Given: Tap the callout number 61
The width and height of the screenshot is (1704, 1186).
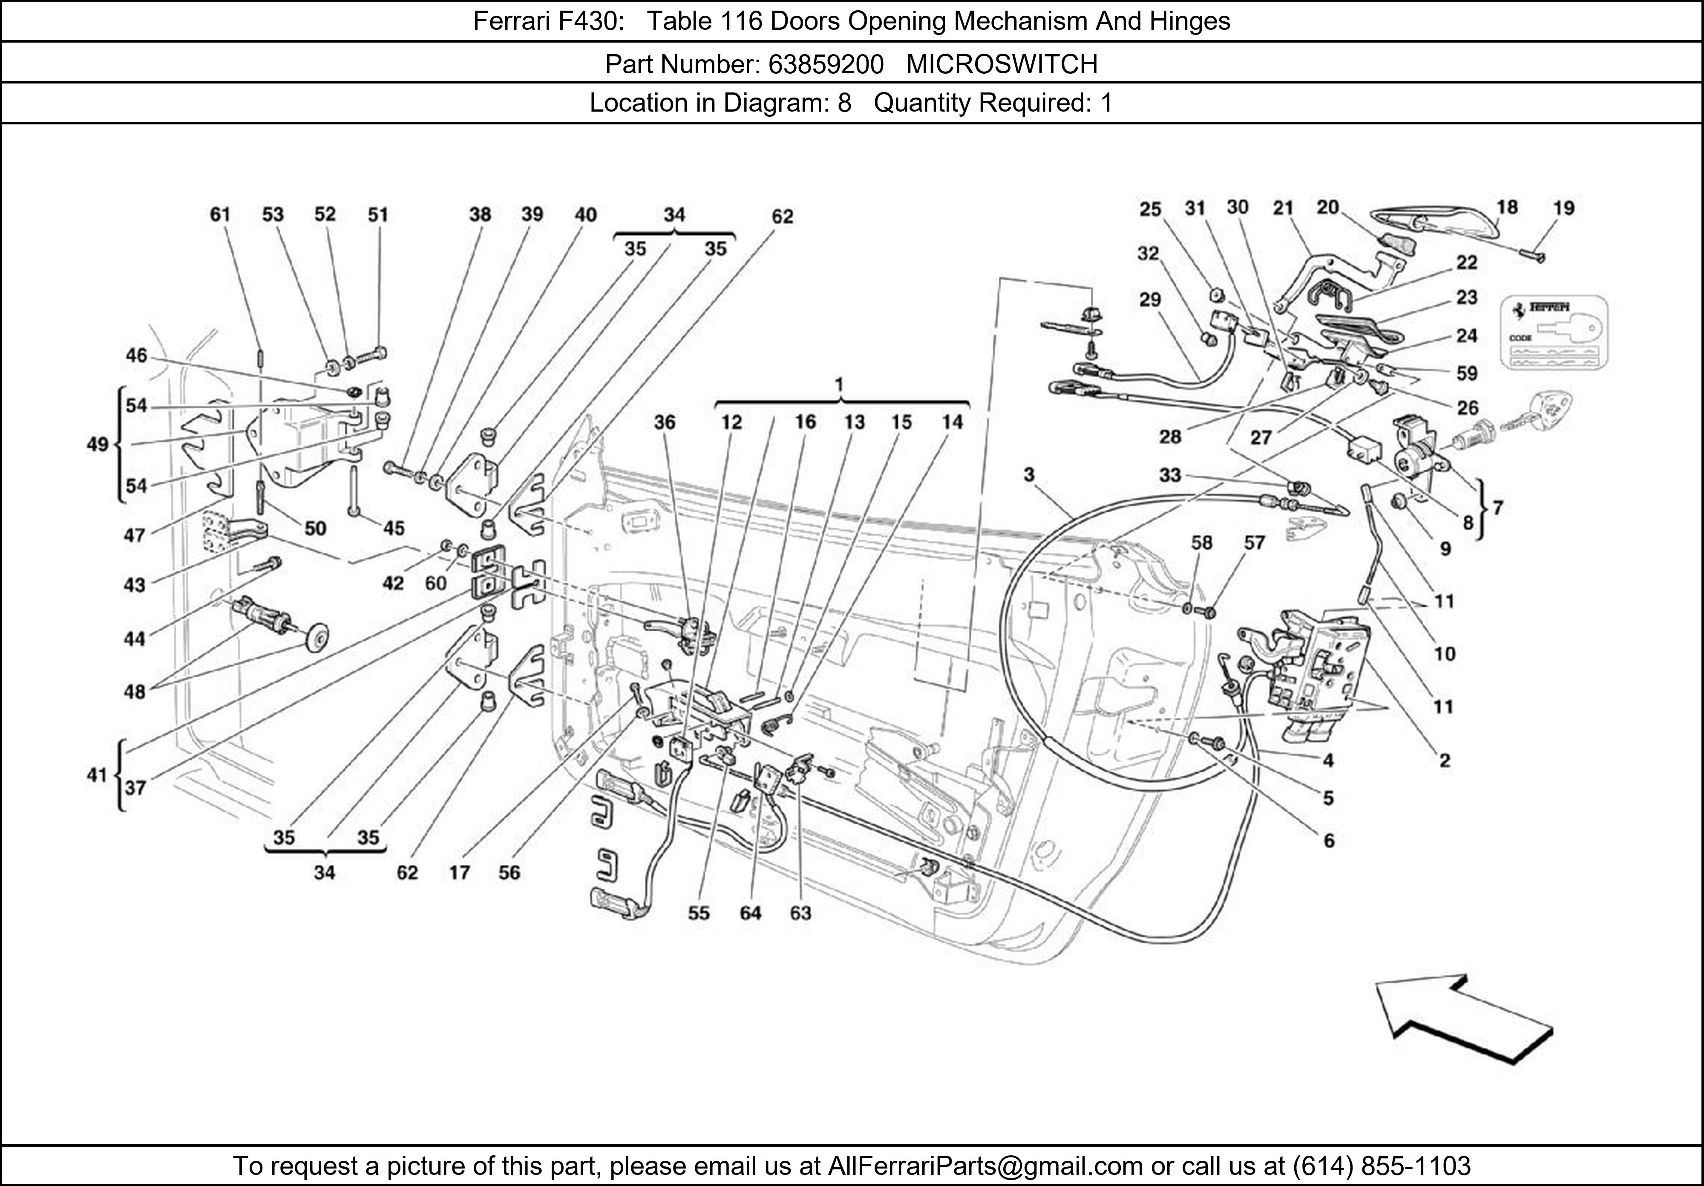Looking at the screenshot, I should point(220,214).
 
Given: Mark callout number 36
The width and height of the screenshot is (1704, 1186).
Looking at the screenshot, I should point(664,422).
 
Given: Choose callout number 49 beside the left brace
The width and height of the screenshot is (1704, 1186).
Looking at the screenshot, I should point(97,445).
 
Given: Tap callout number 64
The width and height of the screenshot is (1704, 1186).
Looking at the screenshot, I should point(750,913).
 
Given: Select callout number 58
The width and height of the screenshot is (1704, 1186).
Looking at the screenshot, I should point(1202,543).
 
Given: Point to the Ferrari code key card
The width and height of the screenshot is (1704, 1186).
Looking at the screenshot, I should point(1554,332).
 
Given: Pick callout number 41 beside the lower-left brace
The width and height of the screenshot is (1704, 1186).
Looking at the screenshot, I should point(96,775).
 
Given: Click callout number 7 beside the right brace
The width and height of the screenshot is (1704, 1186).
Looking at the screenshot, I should point(1498,508).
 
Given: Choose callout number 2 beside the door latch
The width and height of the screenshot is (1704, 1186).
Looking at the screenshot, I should point(1444,760).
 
